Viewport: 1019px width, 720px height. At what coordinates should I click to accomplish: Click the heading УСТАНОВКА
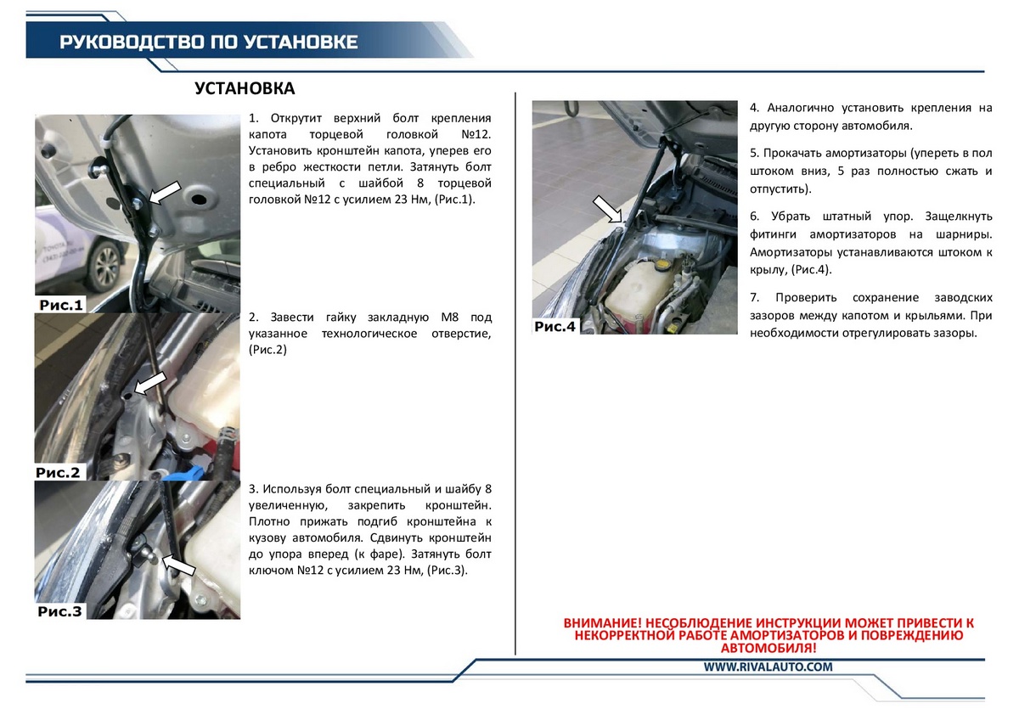pos(245,88)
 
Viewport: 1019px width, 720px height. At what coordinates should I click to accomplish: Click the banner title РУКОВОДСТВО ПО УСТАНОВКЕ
pos(209,42)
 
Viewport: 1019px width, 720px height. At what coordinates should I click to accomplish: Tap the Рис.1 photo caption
pos(61,305)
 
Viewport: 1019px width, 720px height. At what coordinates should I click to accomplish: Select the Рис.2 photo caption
pos(58,473)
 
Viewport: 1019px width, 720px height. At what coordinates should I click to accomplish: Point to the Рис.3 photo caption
pos(59,611)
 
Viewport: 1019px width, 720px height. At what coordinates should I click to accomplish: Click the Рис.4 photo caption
pos(555,326)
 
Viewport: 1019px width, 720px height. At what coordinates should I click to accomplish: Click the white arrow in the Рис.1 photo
pos(165,192)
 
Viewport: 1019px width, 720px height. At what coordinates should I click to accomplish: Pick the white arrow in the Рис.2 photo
pos(150,383)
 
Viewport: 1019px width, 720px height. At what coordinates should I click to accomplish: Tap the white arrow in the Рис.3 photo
pos(178,565)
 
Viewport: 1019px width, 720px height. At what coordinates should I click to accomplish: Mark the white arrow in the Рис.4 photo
pos(608,209)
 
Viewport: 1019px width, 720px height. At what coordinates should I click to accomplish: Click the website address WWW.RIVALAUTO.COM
pos(768,667)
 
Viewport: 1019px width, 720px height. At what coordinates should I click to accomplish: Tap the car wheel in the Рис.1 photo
pos(104,267)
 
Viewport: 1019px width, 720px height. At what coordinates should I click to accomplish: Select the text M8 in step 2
pos(449,317)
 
